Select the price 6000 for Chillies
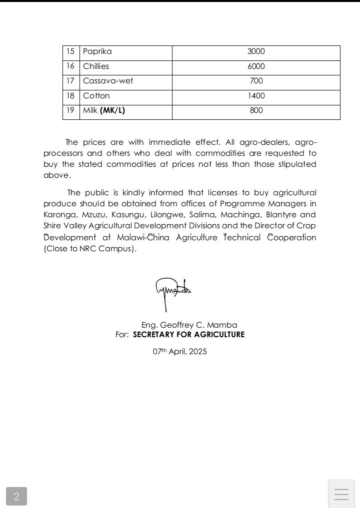(x=256, y=66)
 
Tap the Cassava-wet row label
(x=108, y=81)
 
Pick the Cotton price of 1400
(x=256, y=96)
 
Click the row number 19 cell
(x=70, y=110)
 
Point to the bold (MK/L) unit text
(x=112, y=110)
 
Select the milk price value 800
(x=256, y=110)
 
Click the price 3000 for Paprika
(x=256, y=51)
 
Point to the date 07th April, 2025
(x=180, y=352)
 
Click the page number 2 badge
(x=16, y=497)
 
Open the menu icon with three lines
(x=341, y=495)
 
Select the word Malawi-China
(x=143, y=237)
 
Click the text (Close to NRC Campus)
(x=89, y=249)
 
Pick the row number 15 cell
(x=70, y=51)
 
